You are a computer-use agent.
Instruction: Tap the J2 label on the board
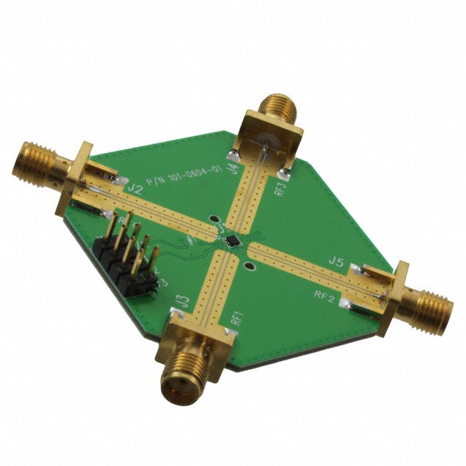coord(135,188)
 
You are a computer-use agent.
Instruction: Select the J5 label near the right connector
coord(336,260)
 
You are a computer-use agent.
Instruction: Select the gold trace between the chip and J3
coord(216,280)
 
